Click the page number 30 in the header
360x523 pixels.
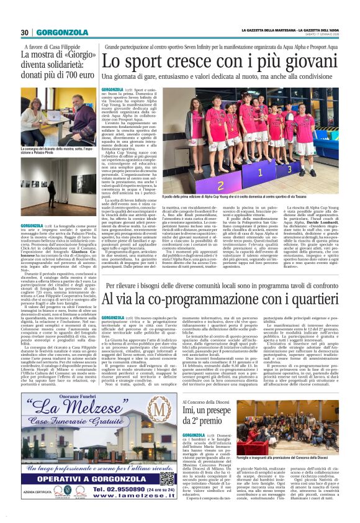24,32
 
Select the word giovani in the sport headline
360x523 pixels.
290,62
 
